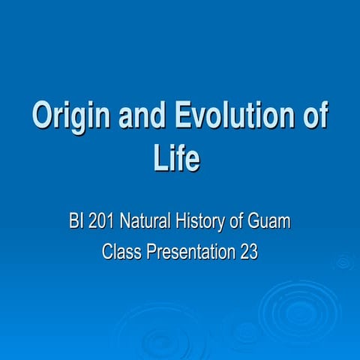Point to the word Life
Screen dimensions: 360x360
[x=179, y=158]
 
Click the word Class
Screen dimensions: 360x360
[x=121, y=253]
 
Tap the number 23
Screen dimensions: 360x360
[x=248, y=253]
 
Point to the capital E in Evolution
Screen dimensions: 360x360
[x=186, y=118]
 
